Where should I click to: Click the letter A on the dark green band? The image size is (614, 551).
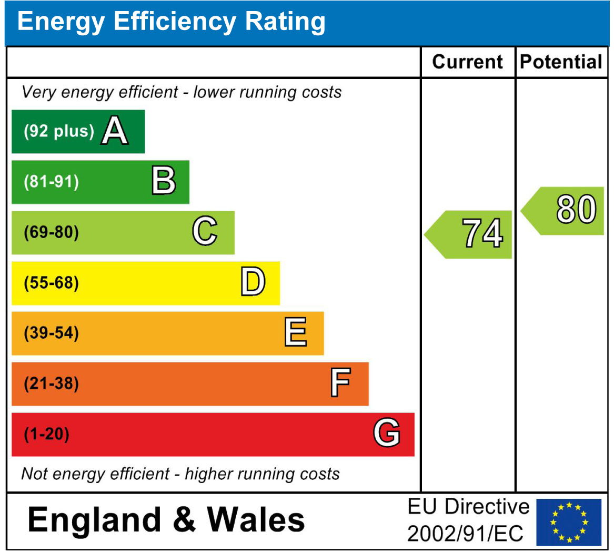[x=115, y=131]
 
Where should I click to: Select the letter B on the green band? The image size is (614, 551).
[x=164, y=181]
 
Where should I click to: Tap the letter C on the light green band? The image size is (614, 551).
[x=205, y=232]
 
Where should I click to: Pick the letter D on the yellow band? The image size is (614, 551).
[x=253, y=282]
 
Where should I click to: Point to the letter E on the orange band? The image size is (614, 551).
[x=295, y=333]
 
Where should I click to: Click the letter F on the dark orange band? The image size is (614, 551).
[x=340, y=383]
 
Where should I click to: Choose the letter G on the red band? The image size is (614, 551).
[x=387, y=434]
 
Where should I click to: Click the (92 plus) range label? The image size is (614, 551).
[x=58, y=131]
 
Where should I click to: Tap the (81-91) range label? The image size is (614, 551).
[x=51, y=182]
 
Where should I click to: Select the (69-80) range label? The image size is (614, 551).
[x=51, y=232]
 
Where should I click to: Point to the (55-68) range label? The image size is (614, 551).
[x=51, y=283]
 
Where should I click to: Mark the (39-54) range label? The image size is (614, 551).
[x=51, y=333]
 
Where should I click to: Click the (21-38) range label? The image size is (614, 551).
[x=51, y=383]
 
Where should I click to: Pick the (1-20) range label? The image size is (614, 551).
[x=46, y=435]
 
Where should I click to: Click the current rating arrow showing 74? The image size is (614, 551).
[x=470, y=234]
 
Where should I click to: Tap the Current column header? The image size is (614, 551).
[x=467, y=62]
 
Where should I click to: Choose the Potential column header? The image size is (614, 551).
[x=561, y=62]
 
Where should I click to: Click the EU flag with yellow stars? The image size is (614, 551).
[x=569, y=522]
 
